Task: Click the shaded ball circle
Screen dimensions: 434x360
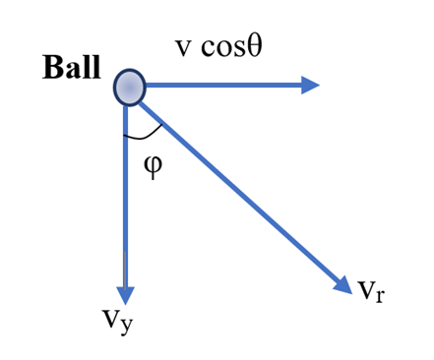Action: tap(129, 88)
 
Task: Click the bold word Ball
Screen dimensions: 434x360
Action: tap(72, 67)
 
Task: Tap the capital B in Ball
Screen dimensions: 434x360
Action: tap(52, 68)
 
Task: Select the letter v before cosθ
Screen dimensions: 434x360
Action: tap(183, 48)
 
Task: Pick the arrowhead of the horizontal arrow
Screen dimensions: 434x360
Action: tap(310, 86)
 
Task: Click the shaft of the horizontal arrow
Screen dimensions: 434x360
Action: tap(223, 86)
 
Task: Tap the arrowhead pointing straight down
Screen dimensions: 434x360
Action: tap(125, 296)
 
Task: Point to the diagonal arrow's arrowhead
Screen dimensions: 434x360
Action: tap(343, 285)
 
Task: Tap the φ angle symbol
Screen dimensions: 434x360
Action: tap(153, 166)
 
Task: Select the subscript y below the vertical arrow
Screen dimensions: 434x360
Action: tap(126, 326)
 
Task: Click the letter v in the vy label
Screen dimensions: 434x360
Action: tap(110, 318)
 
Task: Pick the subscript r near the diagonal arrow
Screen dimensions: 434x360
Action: tap(379, 295)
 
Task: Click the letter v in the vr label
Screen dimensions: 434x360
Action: tap(366, 290)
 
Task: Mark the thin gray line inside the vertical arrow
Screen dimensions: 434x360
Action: tap(125, 270)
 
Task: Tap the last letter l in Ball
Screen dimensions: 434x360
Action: tap(95, 67)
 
